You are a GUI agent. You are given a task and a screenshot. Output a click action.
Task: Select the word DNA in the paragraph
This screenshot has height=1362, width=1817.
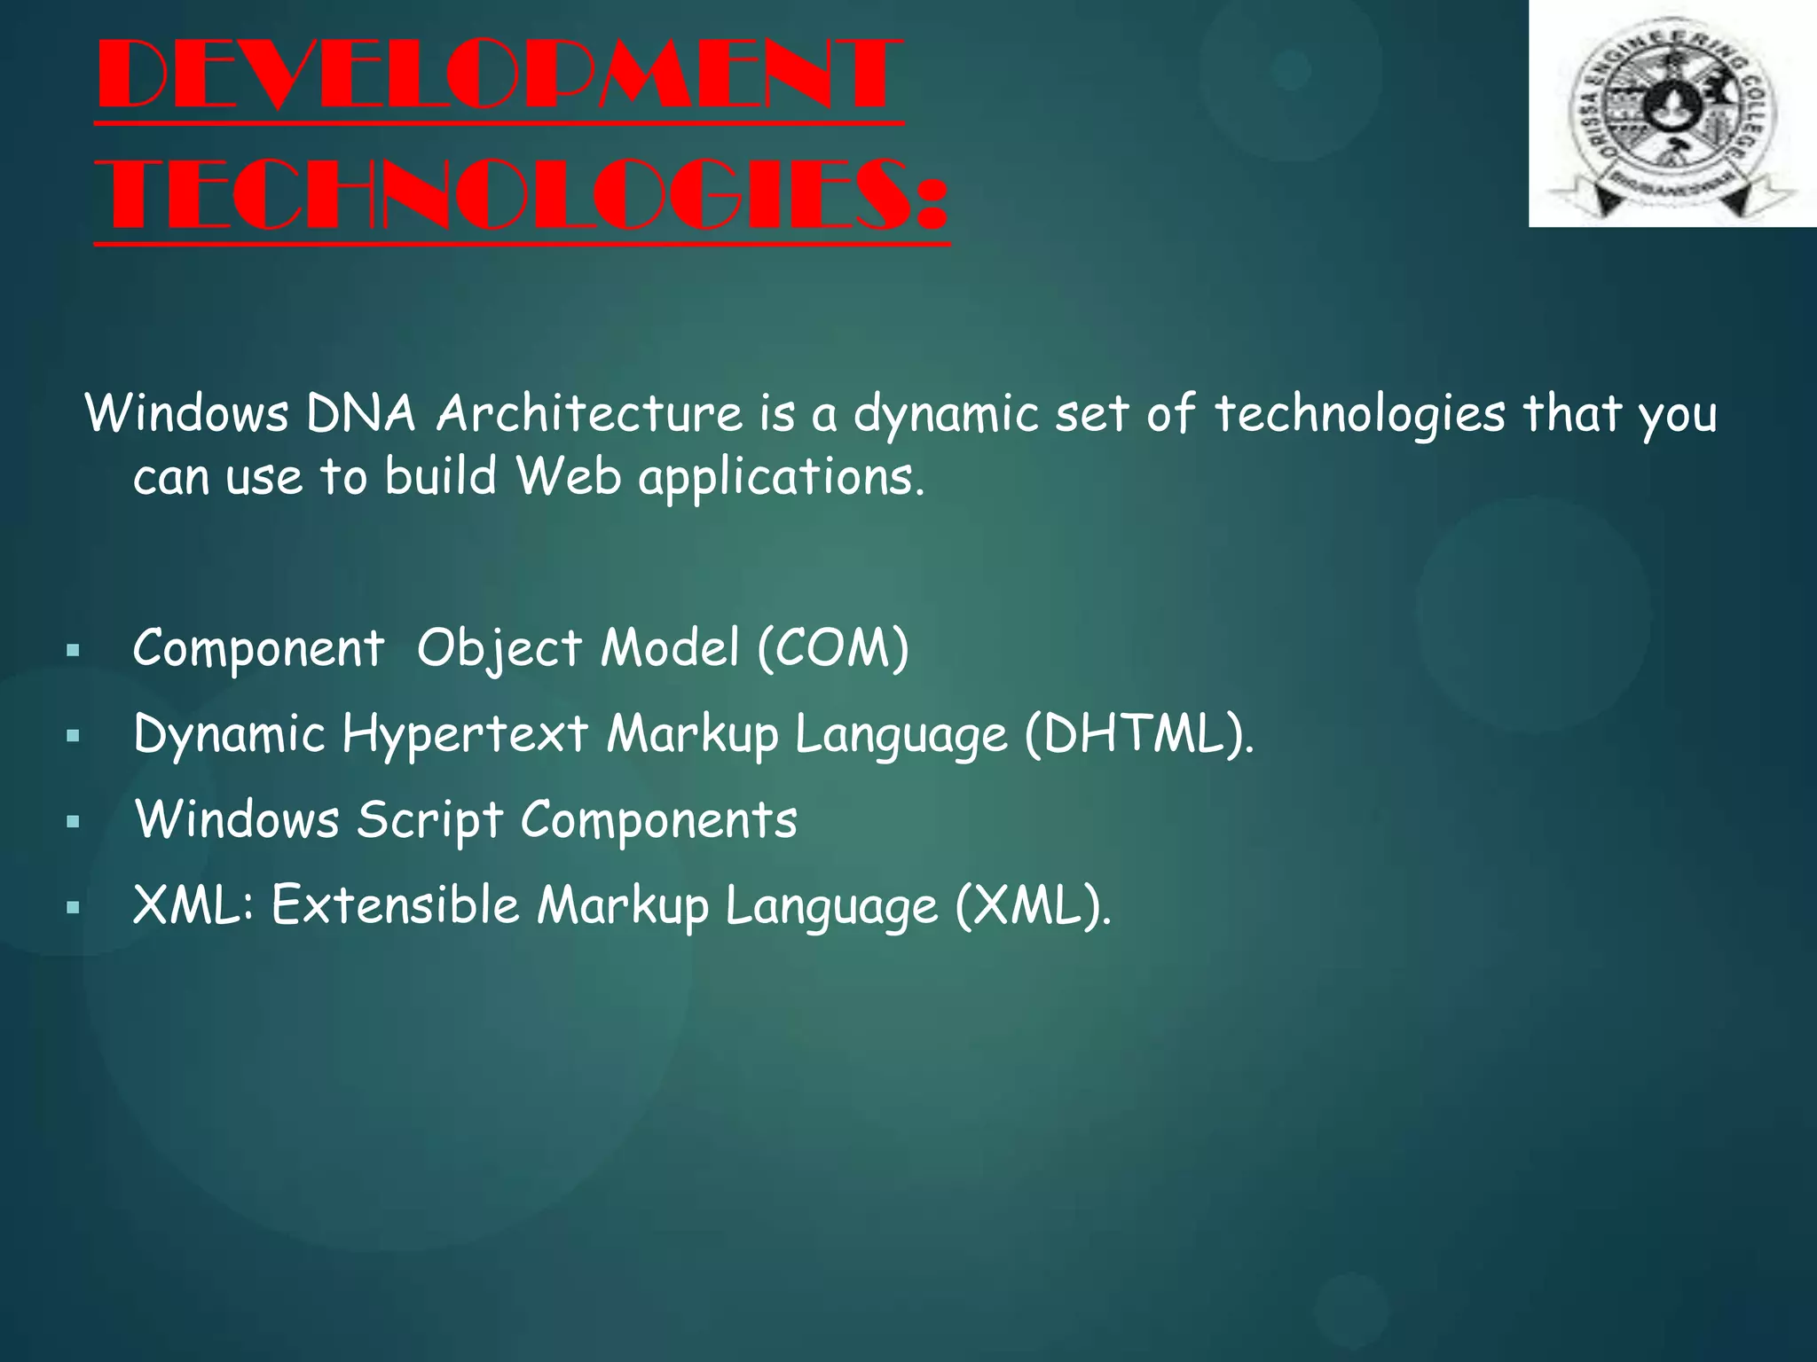coord(360,413)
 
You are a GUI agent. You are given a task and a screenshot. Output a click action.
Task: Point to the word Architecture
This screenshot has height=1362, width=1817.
coord(589,413)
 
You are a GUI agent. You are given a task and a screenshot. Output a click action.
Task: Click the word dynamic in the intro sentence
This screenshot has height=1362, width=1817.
coord(946,415)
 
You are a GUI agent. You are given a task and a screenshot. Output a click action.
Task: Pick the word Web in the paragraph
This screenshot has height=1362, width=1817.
coord(569,476)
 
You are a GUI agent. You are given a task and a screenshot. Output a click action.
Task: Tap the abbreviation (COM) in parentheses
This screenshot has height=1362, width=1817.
coord(833,647)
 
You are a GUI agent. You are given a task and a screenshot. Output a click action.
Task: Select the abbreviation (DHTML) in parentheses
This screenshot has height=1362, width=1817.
coord(1138,734)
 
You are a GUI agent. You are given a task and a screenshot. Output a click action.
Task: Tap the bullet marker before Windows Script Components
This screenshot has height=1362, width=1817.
coord(74,822)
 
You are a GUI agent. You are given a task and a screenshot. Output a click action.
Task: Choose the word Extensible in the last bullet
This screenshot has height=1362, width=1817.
coord(395,905)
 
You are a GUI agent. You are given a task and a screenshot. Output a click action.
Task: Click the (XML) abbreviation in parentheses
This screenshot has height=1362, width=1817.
coord(1032,906)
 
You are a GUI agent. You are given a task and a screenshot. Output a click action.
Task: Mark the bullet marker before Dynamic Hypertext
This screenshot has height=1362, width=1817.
coord(74,736)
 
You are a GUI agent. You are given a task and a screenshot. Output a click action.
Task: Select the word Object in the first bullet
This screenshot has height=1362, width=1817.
coord(499,649)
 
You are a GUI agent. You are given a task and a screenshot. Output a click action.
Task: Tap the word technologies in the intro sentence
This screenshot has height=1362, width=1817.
coord(1359,415)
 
